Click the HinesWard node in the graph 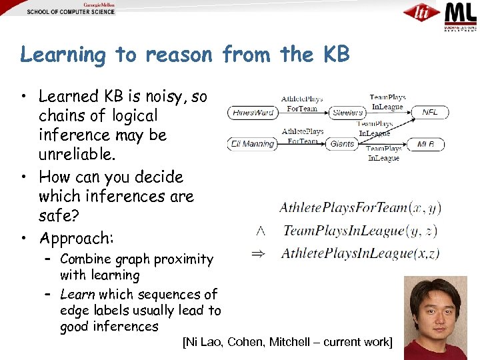[253, 113]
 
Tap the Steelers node [347, 113]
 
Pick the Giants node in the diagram [343, 143]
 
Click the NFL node [430, 112]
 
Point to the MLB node [427, 143]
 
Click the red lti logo [421, 13]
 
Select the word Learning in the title [63, 55]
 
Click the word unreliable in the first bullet [73, 154]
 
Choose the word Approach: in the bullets [77, 238]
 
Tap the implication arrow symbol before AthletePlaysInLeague [262, 253]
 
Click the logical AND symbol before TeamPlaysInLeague [261, 231]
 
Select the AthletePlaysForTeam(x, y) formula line [360, 208]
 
